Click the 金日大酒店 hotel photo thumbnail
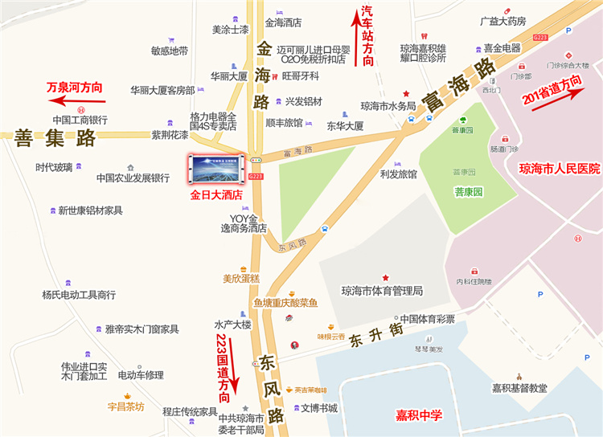(x=215, y=169)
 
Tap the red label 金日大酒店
(x=215, y=194)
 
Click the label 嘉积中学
(x=419, y=415)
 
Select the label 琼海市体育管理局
(x=382, y=291)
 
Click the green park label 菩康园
(x=467, y=192)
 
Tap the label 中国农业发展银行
(x=133, y=178)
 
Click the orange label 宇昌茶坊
(x=125, y=406)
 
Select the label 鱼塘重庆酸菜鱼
(x=285, y=303)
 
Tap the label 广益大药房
(x=503, y=21)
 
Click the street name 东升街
(x=375, y=338)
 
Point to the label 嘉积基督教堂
(x=519, y=388)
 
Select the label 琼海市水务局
(x=388, y=105)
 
